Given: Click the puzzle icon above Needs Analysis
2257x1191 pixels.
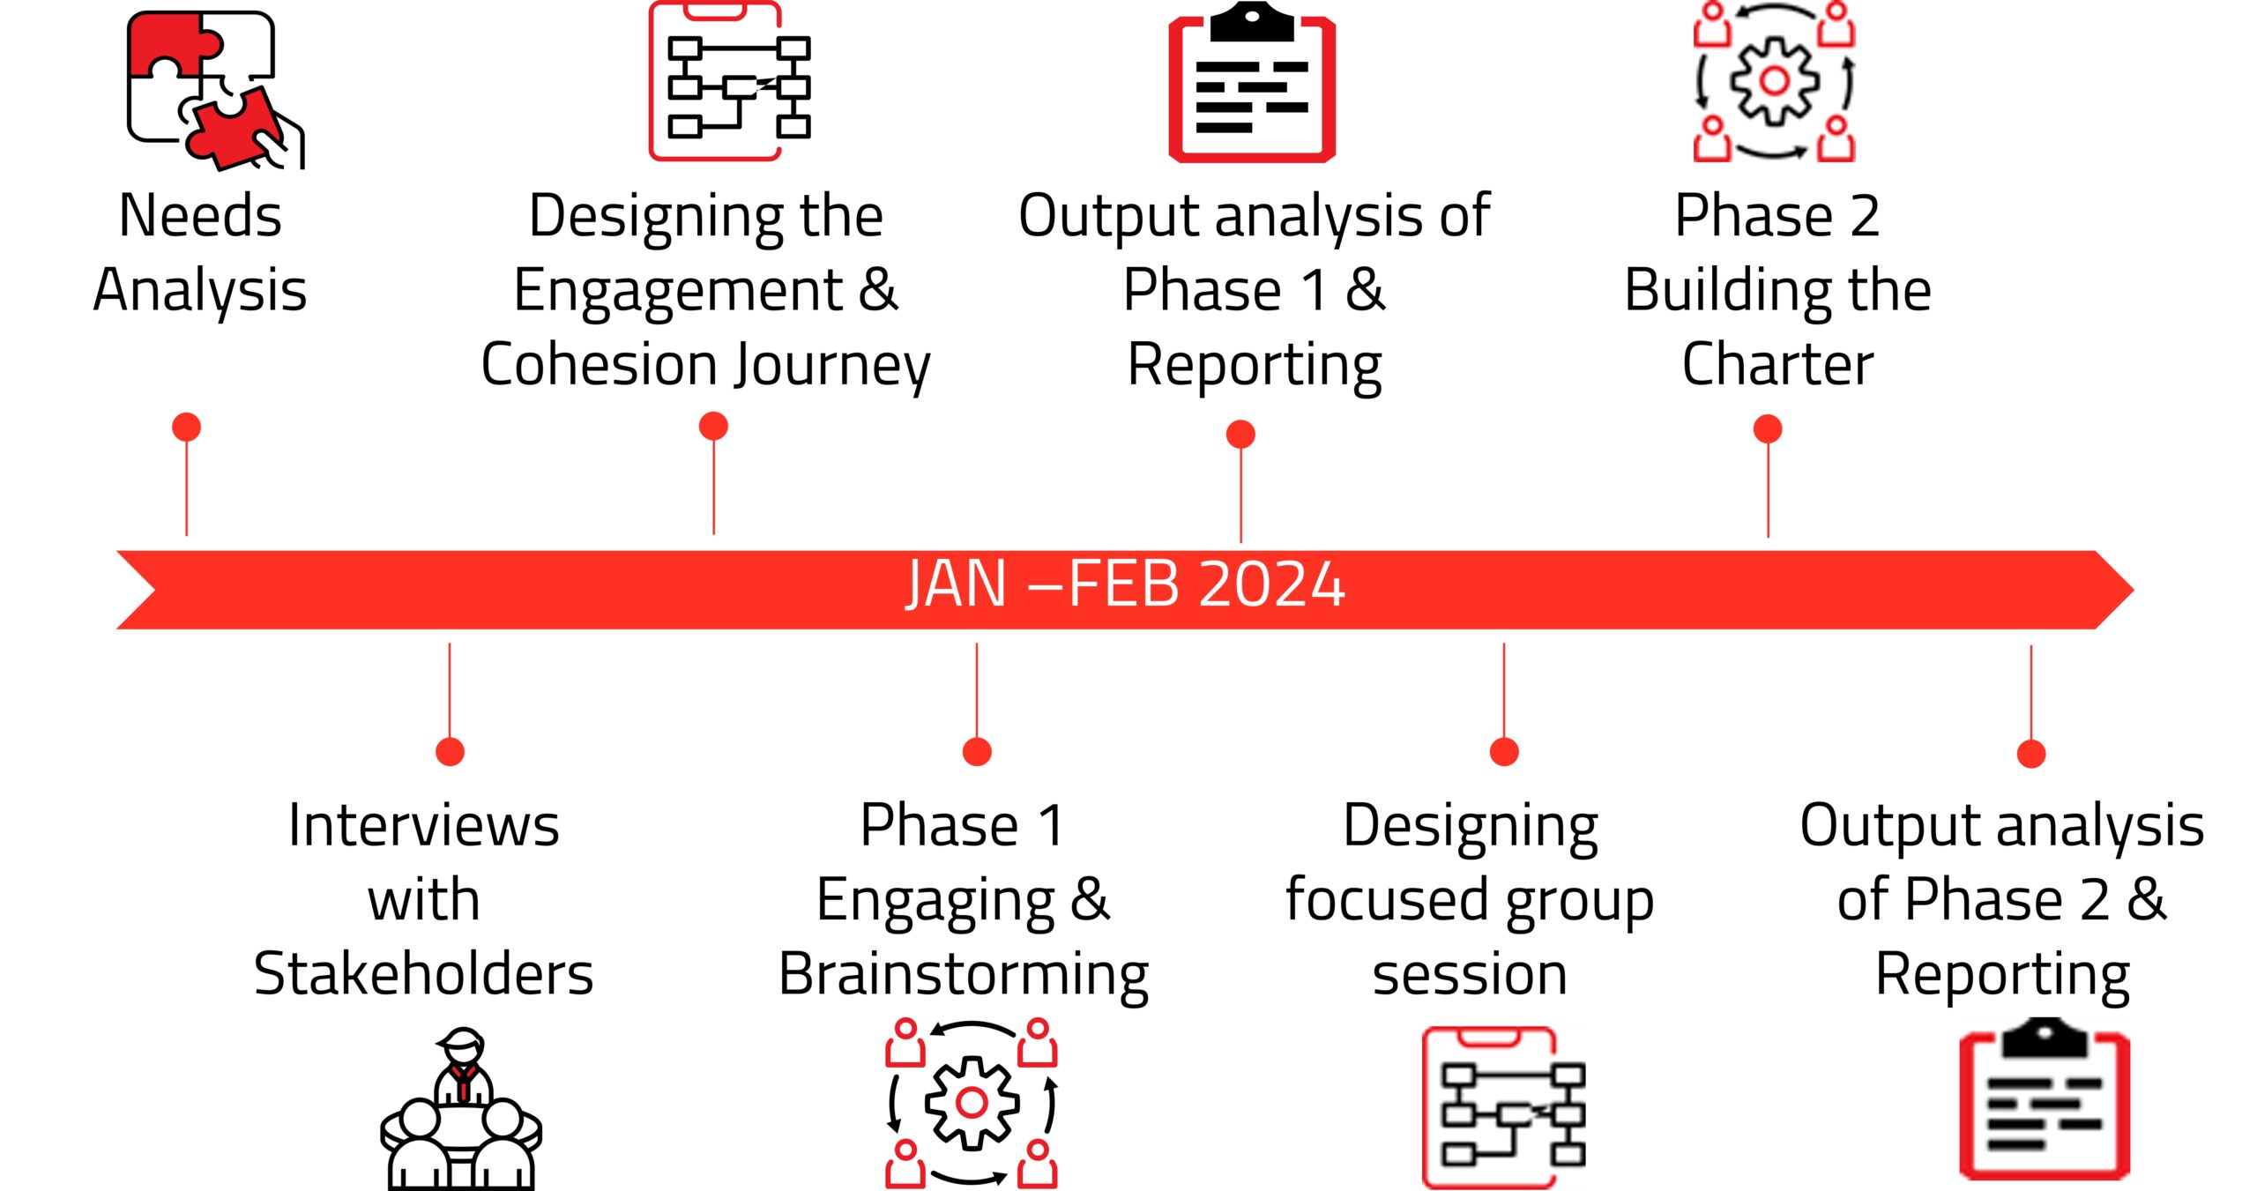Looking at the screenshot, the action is click(x=215, y=88).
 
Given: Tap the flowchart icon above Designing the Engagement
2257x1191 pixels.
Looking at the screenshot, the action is click(x=730, y=81).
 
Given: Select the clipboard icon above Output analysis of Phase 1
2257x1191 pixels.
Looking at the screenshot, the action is click(x=1252, y=82).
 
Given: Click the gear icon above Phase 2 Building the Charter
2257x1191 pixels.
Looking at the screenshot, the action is click(x=1774, y=81).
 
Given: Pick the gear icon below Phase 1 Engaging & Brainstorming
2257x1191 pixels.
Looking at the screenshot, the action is click(x=972, y=1102).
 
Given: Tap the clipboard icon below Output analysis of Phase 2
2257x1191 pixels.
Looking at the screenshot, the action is click(x=2045, y=1098).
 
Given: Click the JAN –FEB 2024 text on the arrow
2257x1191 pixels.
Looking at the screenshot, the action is click(x=1126, y=584).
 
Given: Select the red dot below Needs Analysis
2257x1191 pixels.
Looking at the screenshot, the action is click(x=186, y=427).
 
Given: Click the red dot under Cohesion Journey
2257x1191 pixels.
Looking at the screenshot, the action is click(x=713, y=426).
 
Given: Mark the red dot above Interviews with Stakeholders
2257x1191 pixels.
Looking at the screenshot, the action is click(x=450, y=752).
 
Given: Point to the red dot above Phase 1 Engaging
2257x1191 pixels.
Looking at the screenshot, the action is click(x=977, y=752).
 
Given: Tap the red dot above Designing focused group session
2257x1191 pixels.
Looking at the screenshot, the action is click(x=1504, y=752).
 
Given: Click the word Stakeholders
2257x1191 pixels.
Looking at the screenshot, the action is click(x=423, y=973).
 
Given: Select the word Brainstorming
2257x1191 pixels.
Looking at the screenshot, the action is click(x=964, y=976).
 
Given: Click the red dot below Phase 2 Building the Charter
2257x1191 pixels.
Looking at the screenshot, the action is click(x=1768, y=429).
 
